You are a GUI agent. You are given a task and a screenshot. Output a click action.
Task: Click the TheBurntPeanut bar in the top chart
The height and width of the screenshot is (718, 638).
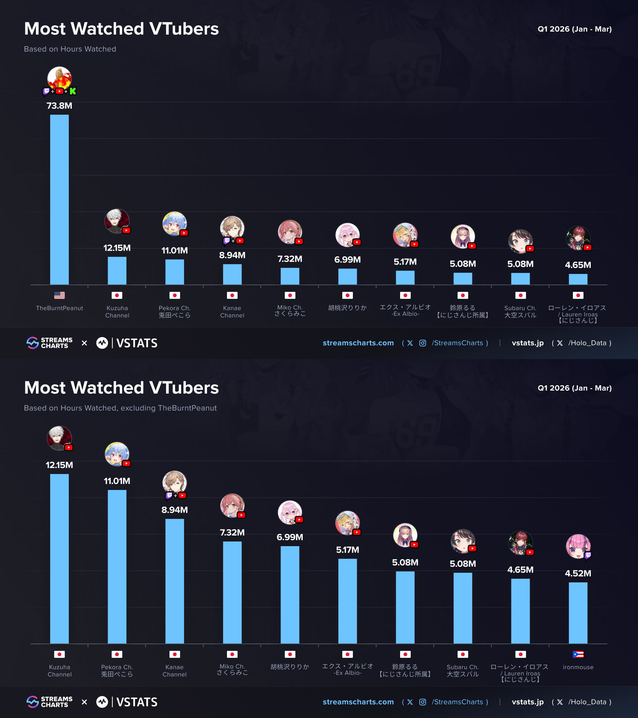59,199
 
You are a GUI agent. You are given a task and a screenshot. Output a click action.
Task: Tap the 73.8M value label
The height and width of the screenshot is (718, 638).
59,106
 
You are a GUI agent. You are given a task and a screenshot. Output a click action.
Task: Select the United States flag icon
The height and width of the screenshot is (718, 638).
59,296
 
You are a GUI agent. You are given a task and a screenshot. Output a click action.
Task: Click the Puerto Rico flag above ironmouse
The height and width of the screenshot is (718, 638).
578,655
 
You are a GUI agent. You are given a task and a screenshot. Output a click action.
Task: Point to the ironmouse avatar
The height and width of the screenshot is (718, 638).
578,546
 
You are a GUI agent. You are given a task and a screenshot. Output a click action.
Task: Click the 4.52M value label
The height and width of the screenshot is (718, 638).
578,573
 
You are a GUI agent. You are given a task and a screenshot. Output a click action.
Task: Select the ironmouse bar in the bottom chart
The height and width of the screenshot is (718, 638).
578,613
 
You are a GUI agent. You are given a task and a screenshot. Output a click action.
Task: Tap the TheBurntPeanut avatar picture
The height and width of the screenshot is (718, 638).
59,78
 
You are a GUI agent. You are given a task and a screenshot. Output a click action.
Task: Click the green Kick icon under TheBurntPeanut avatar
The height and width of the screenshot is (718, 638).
73,91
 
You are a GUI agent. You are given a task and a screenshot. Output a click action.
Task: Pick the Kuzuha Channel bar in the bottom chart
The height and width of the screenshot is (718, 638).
59,559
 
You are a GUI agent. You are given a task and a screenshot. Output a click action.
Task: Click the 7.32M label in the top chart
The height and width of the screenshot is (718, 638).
290,259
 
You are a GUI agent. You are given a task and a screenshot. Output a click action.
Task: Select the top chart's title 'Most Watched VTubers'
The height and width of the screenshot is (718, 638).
122,29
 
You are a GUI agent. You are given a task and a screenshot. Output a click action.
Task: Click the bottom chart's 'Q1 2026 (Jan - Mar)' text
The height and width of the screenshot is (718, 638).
575,388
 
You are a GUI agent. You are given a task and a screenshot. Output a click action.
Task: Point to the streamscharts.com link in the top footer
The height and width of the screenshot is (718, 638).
358,343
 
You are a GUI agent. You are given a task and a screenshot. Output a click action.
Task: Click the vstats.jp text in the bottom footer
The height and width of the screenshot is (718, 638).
528,702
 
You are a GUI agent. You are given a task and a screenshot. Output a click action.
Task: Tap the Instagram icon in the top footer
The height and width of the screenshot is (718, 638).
423,343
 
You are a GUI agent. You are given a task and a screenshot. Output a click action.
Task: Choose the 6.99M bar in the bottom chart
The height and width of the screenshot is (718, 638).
290,595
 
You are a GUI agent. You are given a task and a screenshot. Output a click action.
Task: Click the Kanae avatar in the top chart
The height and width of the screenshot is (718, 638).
232,228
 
